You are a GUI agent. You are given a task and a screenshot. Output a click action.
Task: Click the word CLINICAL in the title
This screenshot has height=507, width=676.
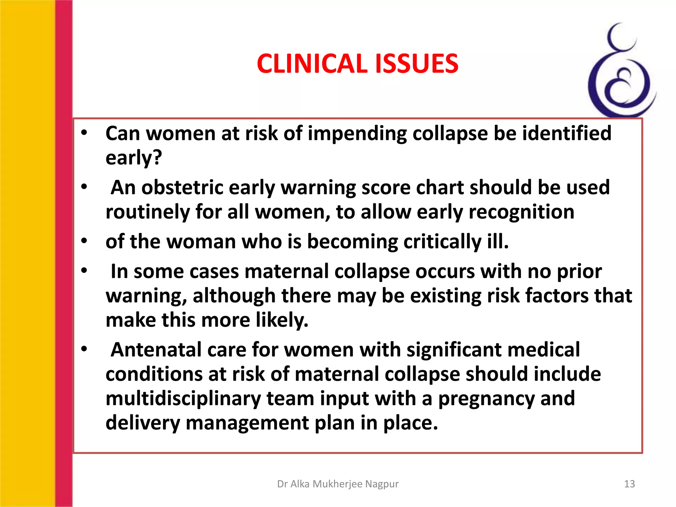click(312, 64)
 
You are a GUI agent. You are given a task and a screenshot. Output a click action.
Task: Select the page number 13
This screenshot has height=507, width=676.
click(629, 484)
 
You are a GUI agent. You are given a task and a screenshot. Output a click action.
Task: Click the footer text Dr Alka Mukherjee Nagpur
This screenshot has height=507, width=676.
click(338, 484)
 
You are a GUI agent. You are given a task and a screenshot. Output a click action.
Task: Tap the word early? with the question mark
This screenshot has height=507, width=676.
click(134, 158)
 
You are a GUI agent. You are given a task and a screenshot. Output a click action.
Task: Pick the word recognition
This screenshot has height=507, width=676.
click(522, 212)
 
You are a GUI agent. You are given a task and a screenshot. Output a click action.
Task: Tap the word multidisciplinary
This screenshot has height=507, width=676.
click(183, 398)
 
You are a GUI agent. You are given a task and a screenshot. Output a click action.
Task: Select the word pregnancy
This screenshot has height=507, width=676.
click(486, 399)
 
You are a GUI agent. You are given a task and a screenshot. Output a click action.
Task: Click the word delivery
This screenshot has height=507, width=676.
click(143, 423)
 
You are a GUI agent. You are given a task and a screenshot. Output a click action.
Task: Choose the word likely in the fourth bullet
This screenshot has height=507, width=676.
click(279, 320)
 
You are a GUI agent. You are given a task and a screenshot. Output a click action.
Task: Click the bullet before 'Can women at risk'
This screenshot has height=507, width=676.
click(84, 133)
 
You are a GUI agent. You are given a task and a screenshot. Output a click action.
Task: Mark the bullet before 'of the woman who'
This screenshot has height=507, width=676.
click(84, 241)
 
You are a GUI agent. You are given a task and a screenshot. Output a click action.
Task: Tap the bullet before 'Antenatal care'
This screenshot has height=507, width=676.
click(84, 349)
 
